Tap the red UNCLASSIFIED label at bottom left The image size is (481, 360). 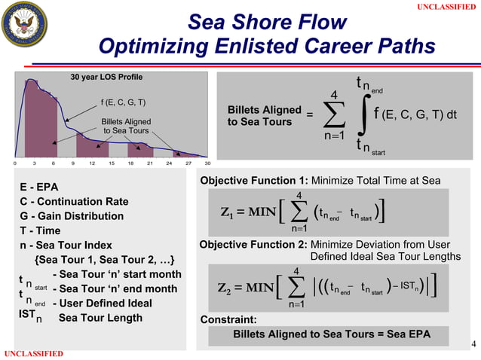tap(32, 354)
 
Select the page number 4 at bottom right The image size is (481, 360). tap(473, 345)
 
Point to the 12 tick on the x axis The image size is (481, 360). tap(92, 163)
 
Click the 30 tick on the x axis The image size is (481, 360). tap(207, 163)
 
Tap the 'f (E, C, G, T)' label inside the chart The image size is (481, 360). tap(124, 103)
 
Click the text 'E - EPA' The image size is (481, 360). tap(42, 187)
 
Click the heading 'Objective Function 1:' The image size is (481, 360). tap(254, 181)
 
